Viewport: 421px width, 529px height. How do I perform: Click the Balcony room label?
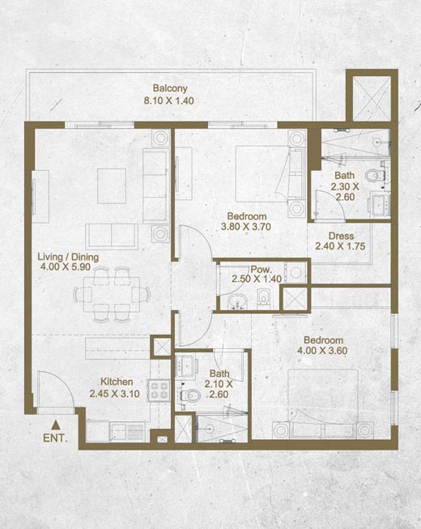[170, 89]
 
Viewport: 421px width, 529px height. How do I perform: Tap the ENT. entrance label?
[55, 438]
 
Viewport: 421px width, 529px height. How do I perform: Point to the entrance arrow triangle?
[56, 424]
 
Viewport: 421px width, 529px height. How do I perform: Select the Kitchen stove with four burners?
[159, 390]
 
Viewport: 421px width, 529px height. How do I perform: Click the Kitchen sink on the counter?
[118, 432]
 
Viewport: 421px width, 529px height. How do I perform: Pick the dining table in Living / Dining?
[112, 294]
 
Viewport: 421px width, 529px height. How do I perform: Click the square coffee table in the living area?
[112, 186]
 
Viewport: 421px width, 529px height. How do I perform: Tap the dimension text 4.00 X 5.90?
[66, 267]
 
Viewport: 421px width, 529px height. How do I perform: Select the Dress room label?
[341, 237]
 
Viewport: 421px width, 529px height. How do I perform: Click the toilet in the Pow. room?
[262, 299]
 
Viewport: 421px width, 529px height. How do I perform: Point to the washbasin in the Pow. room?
[237, 301]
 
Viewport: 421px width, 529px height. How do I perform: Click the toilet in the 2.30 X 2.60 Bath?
[373, 176]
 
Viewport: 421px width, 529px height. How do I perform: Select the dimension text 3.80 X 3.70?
[246, 227]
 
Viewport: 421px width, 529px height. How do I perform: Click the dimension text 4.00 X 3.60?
[322, 351]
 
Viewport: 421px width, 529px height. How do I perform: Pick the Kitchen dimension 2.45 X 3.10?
[115, 394]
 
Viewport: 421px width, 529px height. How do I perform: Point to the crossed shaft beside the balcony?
[372, 99]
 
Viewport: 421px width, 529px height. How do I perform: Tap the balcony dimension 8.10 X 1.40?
[169, 100]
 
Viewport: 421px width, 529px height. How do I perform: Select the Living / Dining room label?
[68, 257]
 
